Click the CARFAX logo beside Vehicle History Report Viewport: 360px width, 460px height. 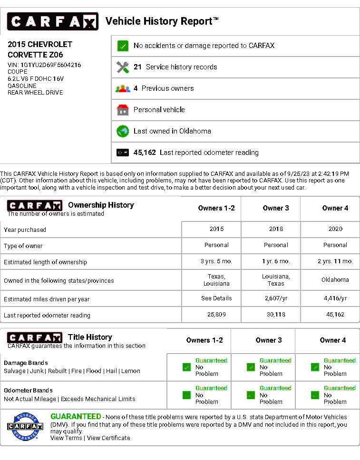tap(52, 21)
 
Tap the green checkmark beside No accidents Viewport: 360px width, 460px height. tap(123, 46)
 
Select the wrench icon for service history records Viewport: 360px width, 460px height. tap(123, 67)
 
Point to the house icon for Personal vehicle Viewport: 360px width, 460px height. tap(123, 110)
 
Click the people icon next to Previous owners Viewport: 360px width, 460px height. tap(123, 88)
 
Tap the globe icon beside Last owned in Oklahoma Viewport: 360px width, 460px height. tap(123, 131)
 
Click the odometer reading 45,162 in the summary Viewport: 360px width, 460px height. tap(145, 153)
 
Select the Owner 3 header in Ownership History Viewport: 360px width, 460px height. tap(276, 208)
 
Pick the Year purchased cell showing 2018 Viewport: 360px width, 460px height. tap(276, 229)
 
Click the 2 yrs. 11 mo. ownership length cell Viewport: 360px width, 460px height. tap(335, 261)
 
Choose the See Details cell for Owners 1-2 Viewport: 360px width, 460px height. tap(216, 298)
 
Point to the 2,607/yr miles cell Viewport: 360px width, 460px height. tap(276, 298)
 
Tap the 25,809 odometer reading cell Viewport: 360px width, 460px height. tap(216, 315)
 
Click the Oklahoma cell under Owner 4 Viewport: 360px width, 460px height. tap(335, 280)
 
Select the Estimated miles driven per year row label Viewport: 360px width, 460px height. tap(47, 299)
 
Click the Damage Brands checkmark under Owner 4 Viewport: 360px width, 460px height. tap(315, 367)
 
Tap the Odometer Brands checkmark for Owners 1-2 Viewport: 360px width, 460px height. tap(186, 395)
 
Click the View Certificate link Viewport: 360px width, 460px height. tap(108, 438)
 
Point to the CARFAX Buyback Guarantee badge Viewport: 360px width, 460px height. tap(25, 426)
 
